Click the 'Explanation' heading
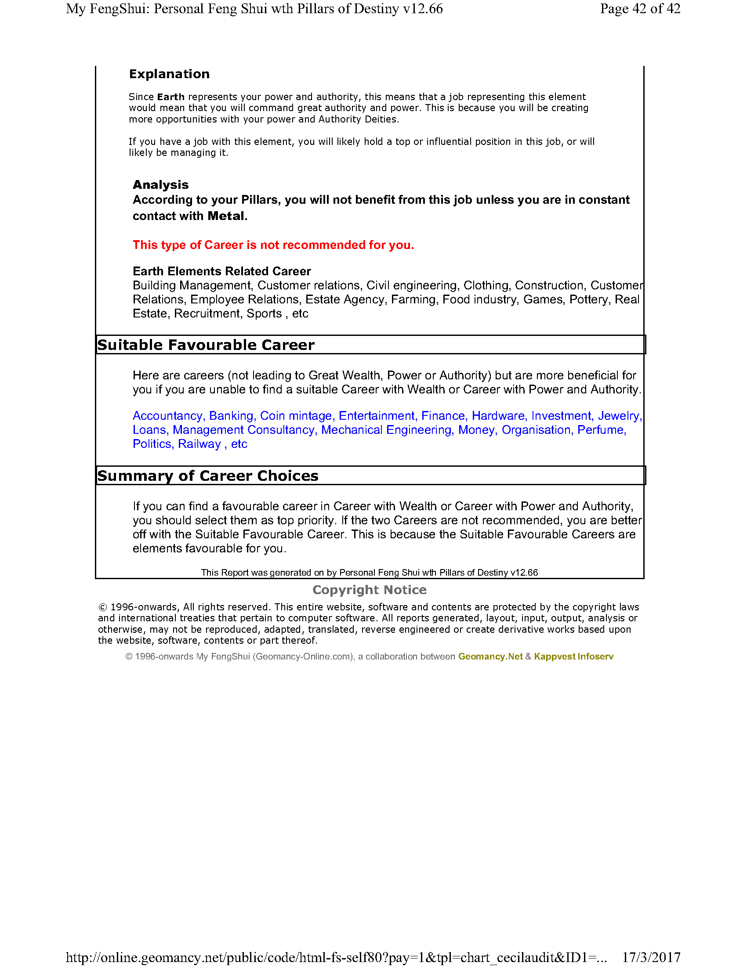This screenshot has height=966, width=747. pos(169,74)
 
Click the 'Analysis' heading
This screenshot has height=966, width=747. pos(161,184)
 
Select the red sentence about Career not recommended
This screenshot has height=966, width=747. pos(273,245)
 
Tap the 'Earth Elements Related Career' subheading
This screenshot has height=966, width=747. pos(222,271)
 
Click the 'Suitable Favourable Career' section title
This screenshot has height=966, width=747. pos(206,345)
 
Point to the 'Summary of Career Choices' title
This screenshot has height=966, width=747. pos(207,476)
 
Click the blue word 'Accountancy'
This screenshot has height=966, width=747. pos(167,416)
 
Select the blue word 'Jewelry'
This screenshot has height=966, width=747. pos(619,416)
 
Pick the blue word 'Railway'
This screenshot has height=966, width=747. pos(199,444)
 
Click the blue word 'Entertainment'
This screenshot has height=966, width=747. pos(377,416)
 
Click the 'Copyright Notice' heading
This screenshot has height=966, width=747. pos(370,590)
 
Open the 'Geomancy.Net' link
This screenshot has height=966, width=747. pos(490,656)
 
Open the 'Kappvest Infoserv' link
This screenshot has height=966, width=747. pos(573,656)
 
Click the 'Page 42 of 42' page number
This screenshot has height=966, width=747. pos(640,8)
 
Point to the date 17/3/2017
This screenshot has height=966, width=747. pos(651,958)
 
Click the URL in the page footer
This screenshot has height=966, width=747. pos(336,958)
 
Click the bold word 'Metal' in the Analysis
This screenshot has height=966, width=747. pos(226,216)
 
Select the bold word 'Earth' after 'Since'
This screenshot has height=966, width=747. pos(171,97)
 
